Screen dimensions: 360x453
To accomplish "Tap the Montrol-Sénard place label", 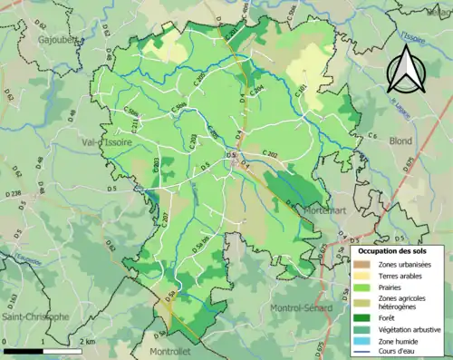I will click(x=303, y=309).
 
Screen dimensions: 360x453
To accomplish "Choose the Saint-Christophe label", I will click(x=34, y=316).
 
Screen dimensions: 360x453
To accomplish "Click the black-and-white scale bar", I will click(x=45, y=350).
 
